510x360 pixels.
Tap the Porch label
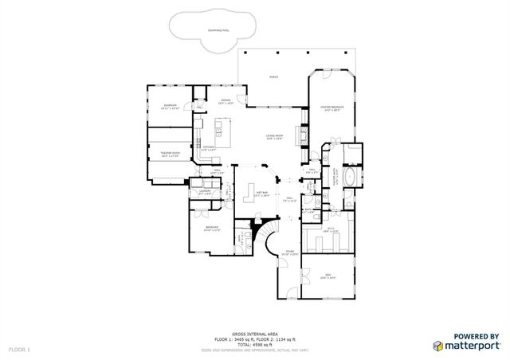(273, 77)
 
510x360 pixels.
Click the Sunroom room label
(171, 106)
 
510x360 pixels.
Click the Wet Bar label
(261, 194)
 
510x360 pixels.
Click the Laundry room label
(205, 192)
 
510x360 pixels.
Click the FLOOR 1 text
(20, 350)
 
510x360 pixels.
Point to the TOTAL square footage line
(254, 344)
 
